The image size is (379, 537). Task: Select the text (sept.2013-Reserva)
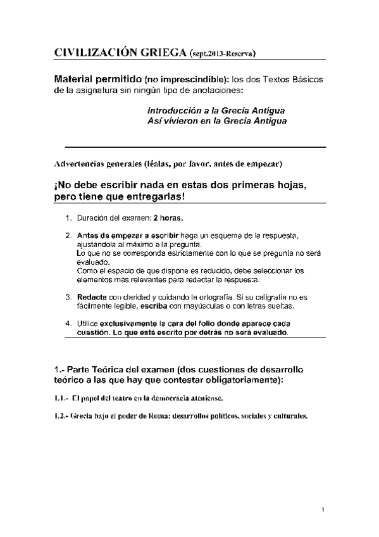(x=222, y=54)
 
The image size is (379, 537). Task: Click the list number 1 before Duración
(x=68, y=218)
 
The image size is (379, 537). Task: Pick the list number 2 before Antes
(x=68, y=236)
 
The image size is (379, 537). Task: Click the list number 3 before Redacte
(x=68, y=296)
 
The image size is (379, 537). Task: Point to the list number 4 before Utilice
(x=68, y=323)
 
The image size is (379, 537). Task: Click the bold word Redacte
(x=91, y=296)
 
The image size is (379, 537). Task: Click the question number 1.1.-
(x=61, y=398)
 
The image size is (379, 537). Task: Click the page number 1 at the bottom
(x=323, y=510)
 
